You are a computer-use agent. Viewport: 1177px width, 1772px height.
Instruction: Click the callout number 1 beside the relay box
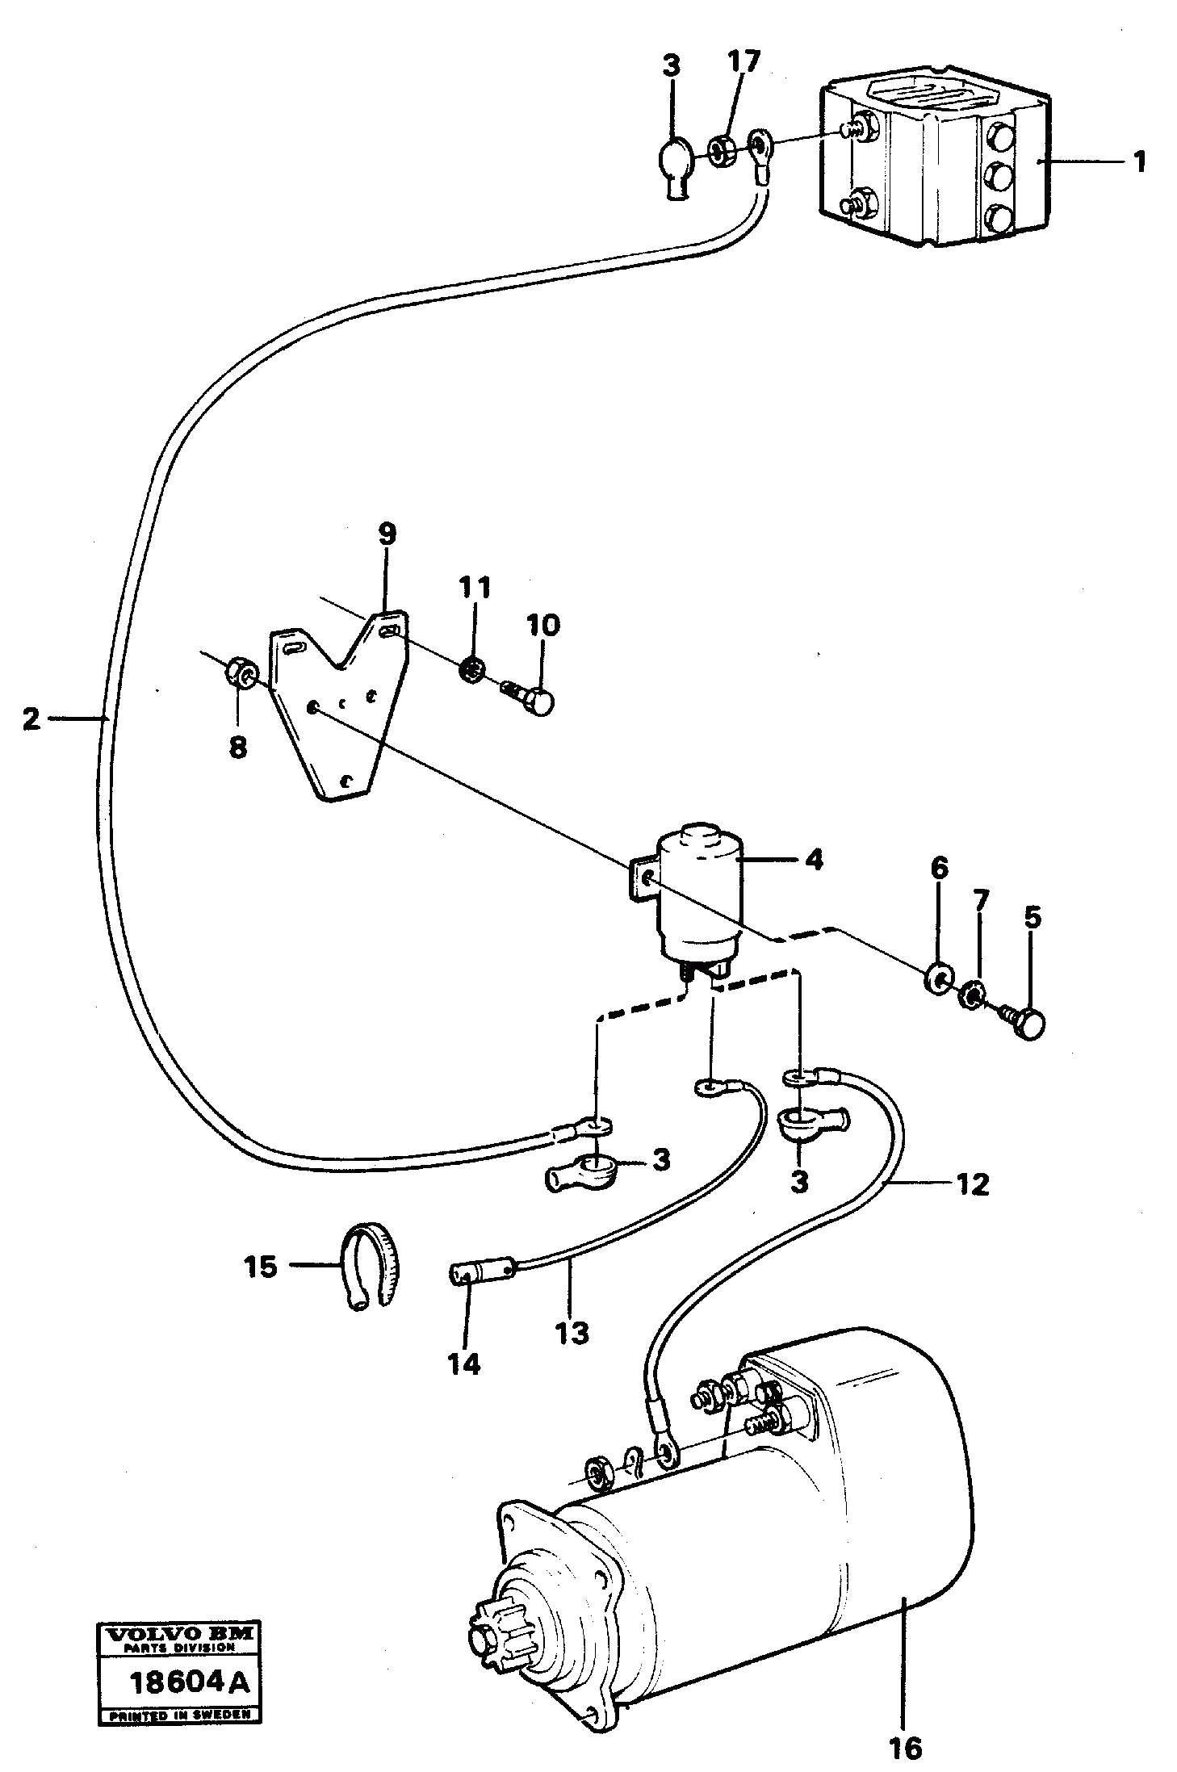click(1138, 162)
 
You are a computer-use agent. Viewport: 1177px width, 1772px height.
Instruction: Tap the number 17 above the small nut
click(743, 63)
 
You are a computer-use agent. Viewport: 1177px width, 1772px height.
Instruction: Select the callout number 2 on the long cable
click(31, 718)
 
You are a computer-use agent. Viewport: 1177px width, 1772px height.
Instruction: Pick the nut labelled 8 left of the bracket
click(241, 670)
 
